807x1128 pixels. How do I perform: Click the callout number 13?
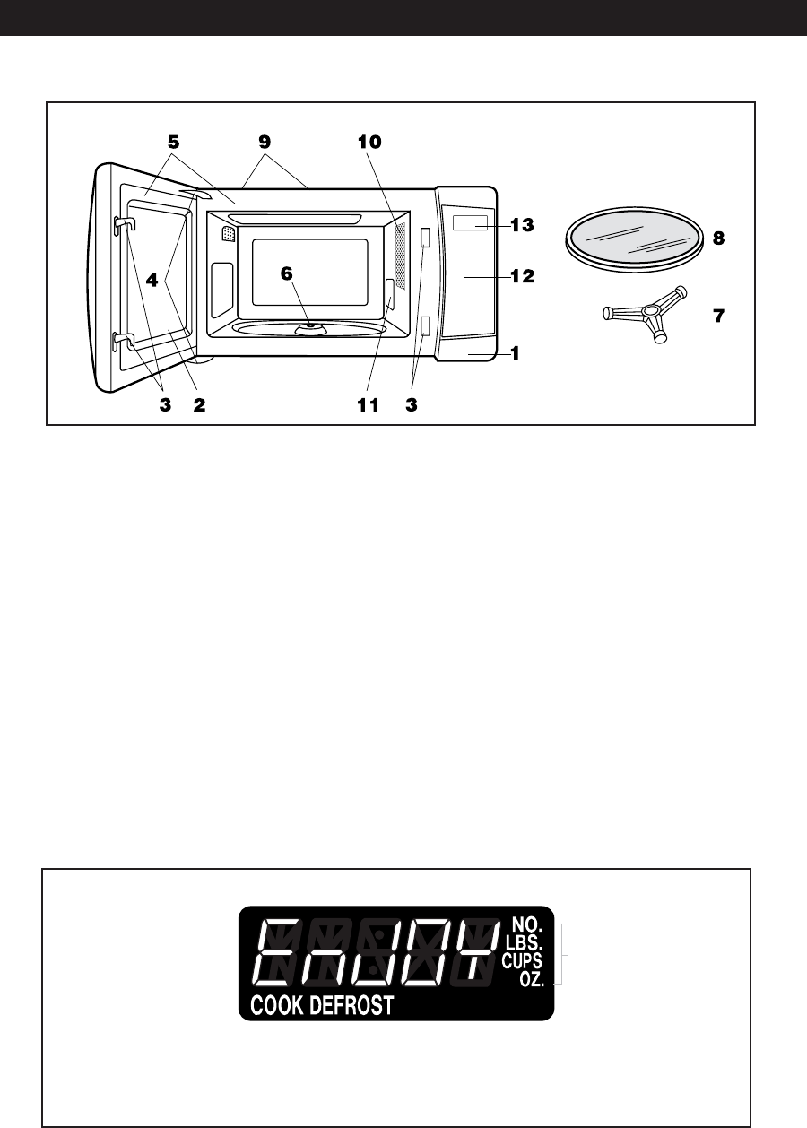(522, 225)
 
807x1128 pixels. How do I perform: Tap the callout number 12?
(522, 276)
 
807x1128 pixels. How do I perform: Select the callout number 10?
(369, 142)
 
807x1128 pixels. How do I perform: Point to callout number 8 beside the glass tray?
(718, 239)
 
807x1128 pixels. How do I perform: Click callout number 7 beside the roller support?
(718, 316)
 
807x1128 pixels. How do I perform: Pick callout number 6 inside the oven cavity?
(286, 274)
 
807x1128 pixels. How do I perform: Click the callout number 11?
(368, 405)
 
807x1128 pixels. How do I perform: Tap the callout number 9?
(265, 142)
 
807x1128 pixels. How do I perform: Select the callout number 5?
(173, 142)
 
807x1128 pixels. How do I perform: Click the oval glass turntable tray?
(634, 239)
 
